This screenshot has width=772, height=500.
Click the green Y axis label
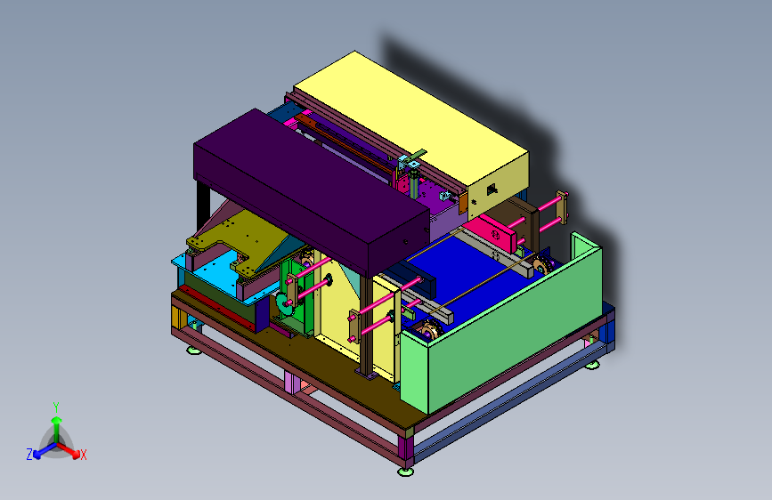click(56, 407)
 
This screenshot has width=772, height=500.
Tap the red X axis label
click(83, 455)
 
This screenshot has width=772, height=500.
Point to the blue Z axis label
click(29, 455)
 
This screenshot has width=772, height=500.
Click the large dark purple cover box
click(311, 193)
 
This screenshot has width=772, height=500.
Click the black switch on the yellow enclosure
click(492, 190)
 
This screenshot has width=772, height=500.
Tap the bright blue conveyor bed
click(473, 276)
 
